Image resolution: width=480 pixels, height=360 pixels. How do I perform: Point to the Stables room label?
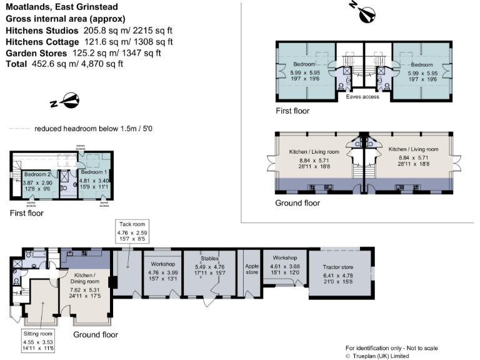[209, 257]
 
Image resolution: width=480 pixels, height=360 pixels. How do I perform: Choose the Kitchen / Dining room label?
[84, 279]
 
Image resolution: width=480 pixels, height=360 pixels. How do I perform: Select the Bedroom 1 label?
[94, 172]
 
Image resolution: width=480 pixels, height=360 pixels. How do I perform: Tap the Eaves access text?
[362, 97]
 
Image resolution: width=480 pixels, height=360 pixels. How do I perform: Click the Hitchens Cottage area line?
[89, 42]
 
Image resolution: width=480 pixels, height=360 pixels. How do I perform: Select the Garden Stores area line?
[83, 53]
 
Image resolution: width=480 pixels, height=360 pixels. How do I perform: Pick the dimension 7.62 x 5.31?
[84, 290]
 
